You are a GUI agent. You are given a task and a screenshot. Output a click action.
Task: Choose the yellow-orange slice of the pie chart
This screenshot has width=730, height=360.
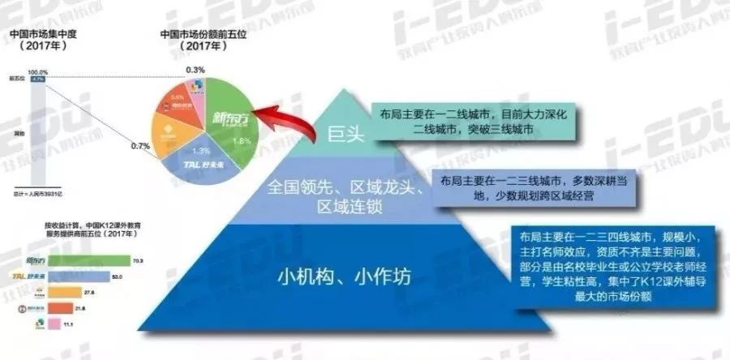click(x=171, y=142)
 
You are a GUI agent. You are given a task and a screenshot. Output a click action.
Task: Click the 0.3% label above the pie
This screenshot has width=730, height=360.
click(x=195, y=70)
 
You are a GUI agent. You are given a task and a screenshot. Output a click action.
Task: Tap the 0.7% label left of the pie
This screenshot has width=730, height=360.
click(x=141, y=146)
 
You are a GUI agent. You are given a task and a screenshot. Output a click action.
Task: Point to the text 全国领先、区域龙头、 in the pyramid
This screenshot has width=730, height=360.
click(x=346, y=189)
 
